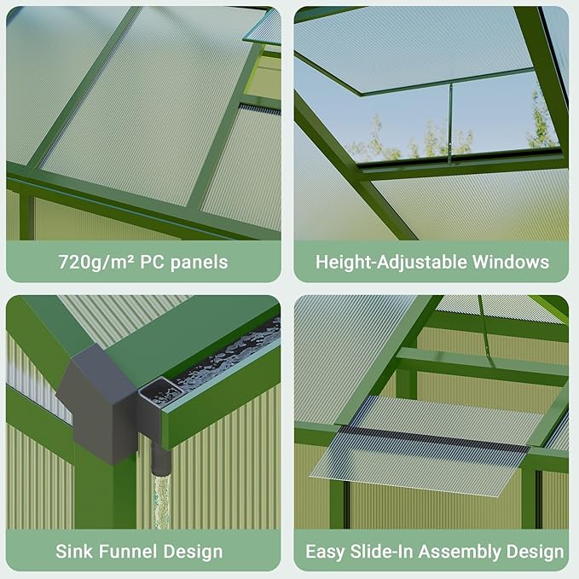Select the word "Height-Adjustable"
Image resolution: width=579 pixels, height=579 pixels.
[x=385, y=262]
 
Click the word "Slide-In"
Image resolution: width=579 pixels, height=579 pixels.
[x=386, y=552]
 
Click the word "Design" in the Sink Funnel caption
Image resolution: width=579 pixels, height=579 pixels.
[x=193, y=552]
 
